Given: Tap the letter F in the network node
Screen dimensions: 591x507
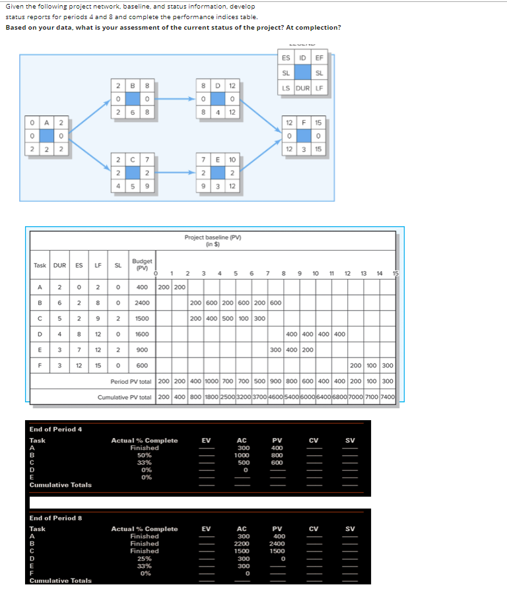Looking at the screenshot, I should (x=303, y=123).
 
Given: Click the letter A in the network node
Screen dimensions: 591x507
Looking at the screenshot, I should (x=46, y=123).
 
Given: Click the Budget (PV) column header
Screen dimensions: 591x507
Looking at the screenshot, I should (x=142, y=264).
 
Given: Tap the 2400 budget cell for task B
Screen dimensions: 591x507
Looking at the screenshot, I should (x=142, y=303).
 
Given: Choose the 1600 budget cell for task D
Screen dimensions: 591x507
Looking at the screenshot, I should (x=142, y=334).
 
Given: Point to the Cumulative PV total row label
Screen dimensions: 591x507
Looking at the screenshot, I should (x=125, y=398).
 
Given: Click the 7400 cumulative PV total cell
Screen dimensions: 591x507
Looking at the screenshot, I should (x=388, y=398).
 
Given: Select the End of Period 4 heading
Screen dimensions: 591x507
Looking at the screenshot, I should (x=55, y=429).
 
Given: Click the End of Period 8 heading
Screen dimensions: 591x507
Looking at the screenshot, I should (x=55, y=518).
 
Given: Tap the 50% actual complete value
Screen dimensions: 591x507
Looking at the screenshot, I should (x=144, y=455).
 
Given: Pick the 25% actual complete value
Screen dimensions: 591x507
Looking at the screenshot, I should (x=144, y=558).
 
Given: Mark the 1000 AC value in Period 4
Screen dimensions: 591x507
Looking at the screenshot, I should (x=242, y=455).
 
